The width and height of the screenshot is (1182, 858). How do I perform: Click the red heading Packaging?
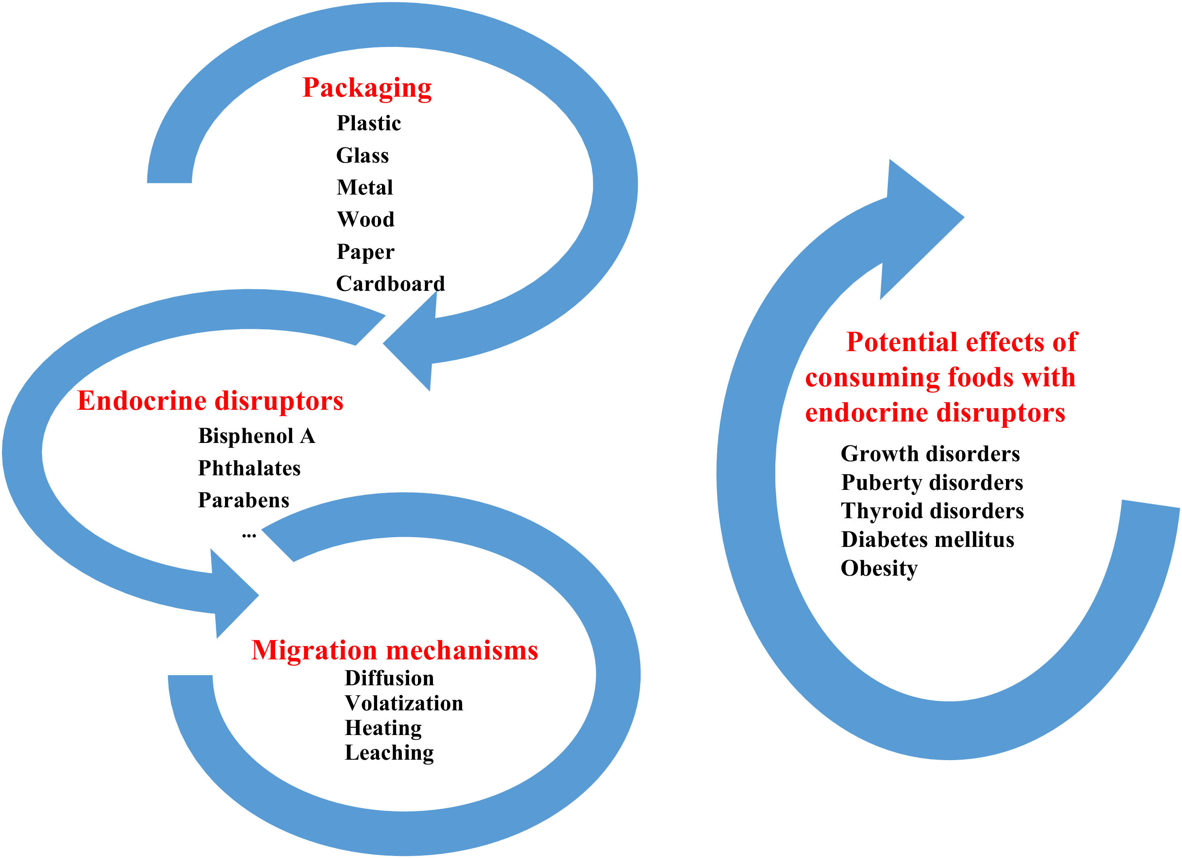(x=367, y=87)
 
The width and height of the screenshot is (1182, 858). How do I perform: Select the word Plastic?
(x=369, y=123)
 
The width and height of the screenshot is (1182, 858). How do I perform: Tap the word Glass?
(x=362, y=155)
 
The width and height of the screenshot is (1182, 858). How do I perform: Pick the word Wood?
(x=365, y=219)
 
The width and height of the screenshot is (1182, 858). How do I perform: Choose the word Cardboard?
(x=390, y=284)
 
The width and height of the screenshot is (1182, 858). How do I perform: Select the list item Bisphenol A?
(x=257, y=436)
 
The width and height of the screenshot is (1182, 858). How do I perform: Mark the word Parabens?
(x=243, y=500)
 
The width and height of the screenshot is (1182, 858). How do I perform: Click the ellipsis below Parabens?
(x=249, y=534)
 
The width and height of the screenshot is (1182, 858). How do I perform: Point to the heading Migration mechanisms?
(x=395, y=650)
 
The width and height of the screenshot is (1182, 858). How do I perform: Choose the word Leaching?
(x=389, y=753)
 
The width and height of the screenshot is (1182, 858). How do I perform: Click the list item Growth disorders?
(x=930, y=454)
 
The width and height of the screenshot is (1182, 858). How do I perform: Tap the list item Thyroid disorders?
(x=932, y=511)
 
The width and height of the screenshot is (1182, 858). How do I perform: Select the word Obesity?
(x=879, y=568)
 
